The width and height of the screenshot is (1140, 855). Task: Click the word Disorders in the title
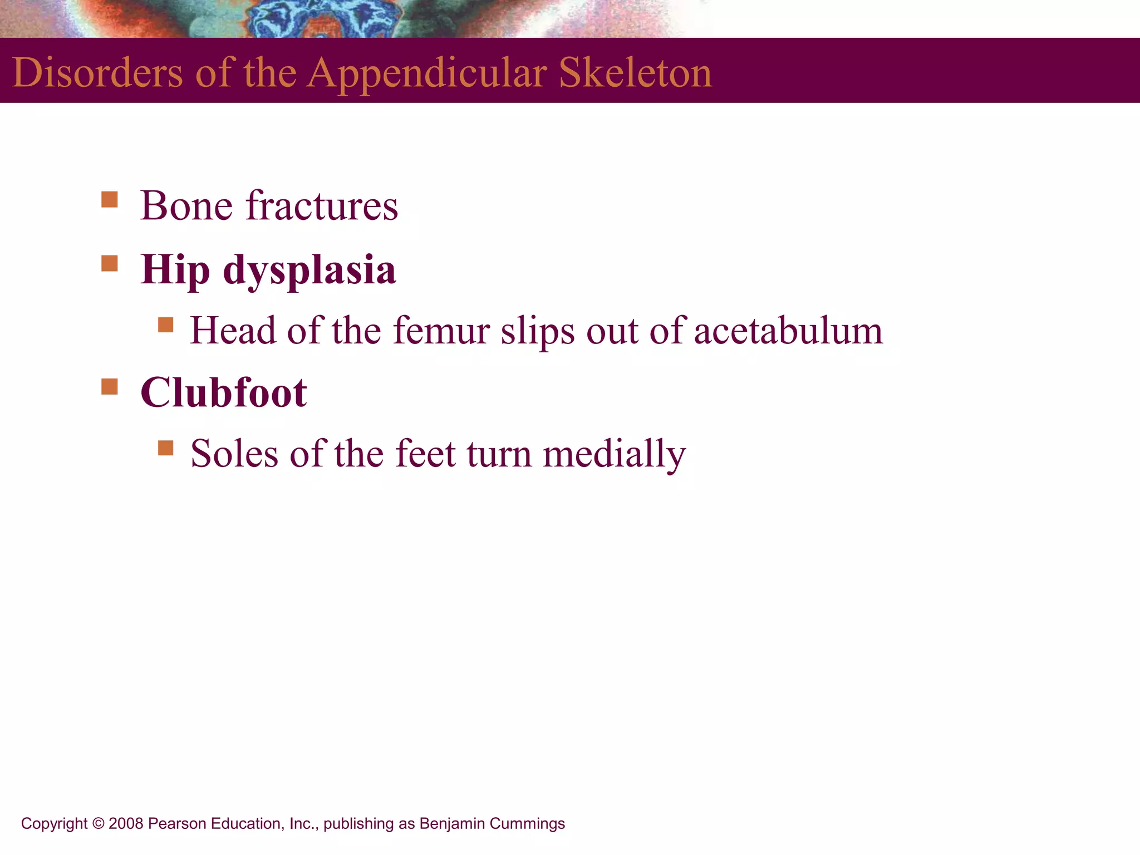[97, 73]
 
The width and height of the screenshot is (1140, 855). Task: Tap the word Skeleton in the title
[635, 73]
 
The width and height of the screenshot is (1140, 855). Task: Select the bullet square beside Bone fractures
[110, 200]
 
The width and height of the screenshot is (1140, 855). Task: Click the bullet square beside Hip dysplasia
[110, 263]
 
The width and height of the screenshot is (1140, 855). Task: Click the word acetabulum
[788, 331]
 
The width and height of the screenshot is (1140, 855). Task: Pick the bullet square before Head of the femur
[166, 325]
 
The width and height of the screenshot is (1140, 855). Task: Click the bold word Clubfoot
[223, 392]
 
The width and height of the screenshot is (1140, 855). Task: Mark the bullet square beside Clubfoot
[110, 386]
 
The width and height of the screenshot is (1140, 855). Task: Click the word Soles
[234, 454]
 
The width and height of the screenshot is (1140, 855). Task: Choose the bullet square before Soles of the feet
[166, 448]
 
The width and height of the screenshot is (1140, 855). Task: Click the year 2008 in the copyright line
[126, 823]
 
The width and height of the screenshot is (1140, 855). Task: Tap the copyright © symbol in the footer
[98, 823]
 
